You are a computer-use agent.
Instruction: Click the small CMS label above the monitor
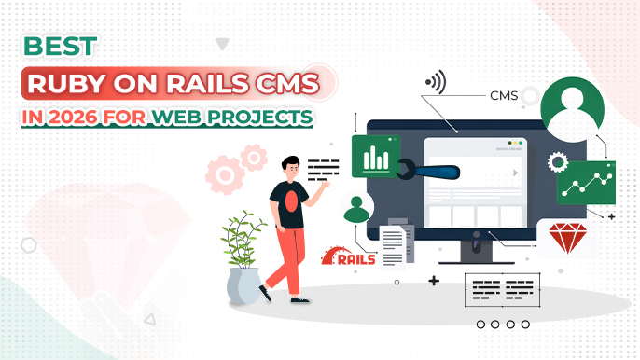(504, 95)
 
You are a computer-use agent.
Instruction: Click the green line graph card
(585, 182)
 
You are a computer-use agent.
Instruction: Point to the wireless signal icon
(436, 83)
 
